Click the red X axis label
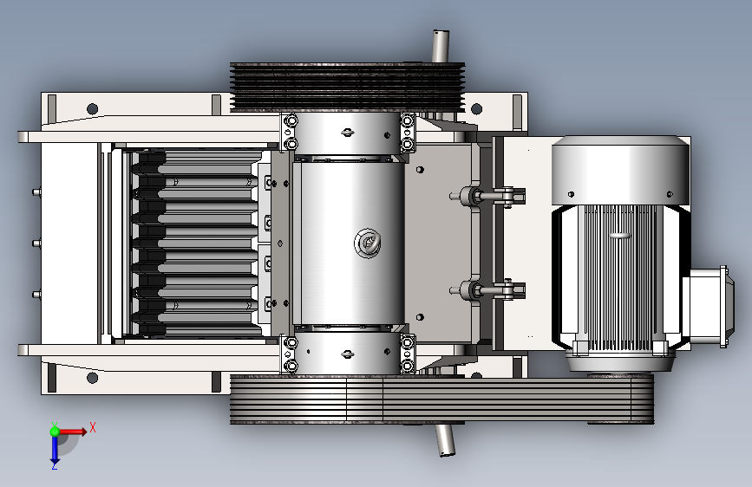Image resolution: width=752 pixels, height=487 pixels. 93,427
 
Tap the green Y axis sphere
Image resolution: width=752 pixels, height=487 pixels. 55,432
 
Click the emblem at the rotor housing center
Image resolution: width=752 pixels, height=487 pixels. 368,243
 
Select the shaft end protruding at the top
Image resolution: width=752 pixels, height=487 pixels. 441,46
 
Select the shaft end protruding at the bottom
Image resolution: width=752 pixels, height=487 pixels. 445,440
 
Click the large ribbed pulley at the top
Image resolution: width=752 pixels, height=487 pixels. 347,87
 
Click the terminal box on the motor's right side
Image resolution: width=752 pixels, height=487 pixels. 708,306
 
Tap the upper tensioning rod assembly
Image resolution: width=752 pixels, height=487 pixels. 487,196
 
